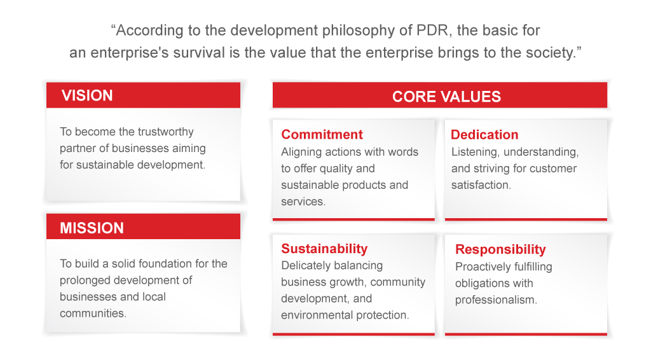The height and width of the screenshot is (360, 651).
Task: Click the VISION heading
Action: pos(87,95)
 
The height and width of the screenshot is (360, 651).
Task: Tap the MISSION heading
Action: pos(92,228)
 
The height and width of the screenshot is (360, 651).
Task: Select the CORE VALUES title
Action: pos(447,97)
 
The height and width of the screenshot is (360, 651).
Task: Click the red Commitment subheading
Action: pos(322,135)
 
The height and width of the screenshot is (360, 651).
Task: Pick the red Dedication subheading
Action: pos(484,135)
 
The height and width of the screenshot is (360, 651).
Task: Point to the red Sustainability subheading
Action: pos(324,249)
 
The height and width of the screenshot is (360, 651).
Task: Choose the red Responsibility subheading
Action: pos(500,249)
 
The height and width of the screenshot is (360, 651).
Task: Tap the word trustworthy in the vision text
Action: pos(166,132)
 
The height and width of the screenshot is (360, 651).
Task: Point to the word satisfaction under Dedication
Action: pos(481,185)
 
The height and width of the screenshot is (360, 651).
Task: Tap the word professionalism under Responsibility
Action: pos(496,300)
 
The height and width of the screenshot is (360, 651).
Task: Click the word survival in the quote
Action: pos(205,53)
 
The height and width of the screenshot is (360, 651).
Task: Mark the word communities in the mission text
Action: pos(93,313)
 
